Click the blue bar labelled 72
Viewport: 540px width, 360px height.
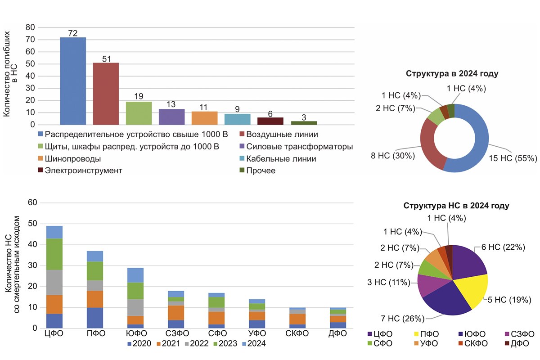[73, 81]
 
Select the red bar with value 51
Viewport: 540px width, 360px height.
[106, 94]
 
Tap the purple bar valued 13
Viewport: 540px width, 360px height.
[171, 117]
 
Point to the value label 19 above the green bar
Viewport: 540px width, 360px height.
[139, 96]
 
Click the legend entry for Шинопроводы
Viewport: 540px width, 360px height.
[70, 159]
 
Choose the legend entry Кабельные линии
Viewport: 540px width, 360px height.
[278, 159]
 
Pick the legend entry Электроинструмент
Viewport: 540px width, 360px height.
[80, 171]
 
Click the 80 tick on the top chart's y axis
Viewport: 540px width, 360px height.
[30, 27]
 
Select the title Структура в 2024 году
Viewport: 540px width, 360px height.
[452, 73]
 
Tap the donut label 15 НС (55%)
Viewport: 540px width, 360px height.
[513, 158]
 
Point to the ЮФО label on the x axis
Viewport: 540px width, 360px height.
[136, 333]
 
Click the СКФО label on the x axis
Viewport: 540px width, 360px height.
[297, 333]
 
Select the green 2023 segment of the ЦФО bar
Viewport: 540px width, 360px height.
[54, 254]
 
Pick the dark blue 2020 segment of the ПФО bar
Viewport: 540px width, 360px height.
[95, 318]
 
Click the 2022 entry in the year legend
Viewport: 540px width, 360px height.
[197, 343]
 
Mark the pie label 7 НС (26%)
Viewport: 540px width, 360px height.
[403, 319]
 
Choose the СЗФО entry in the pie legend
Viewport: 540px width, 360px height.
[520, 334]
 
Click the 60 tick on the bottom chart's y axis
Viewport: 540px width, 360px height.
[32, 202]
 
